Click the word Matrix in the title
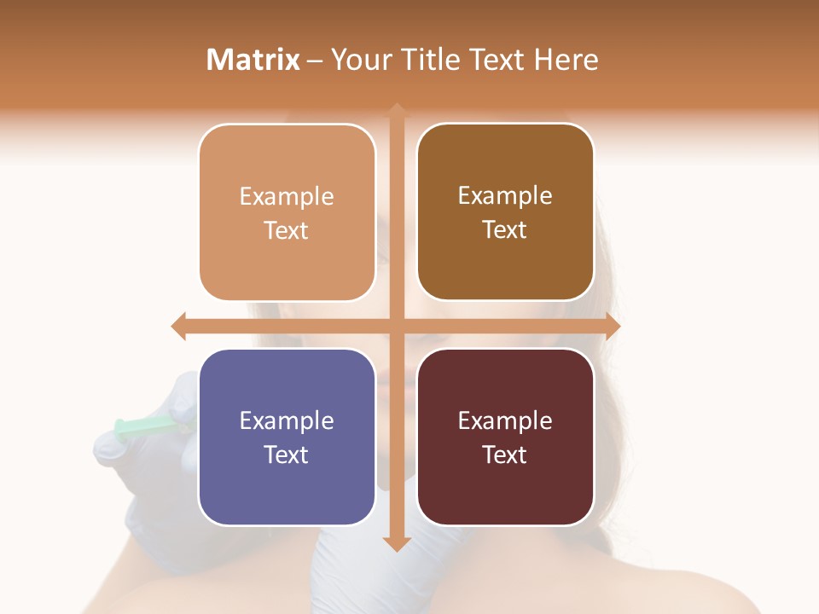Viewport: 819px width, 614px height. click(x=253, y=60)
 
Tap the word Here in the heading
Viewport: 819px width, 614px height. click(x=566, y=60)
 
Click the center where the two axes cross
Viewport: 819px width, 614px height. click(x=397, y=326)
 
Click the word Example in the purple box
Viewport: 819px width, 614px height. click(x=287, y=421)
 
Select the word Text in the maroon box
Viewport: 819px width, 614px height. click(x=505, y=455)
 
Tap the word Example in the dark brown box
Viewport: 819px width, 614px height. click(x=505, y=196)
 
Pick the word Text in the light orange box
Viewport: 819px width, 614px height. click(x=287, y=230)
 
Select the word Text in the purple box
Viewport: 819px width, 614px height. click(x=287, y=455)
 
